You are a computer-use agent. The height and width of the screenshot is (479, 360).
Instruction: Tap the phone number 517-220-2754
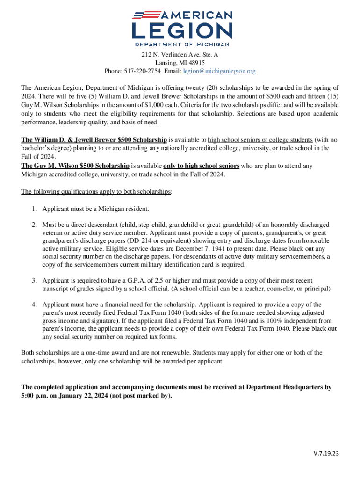coord(142,71)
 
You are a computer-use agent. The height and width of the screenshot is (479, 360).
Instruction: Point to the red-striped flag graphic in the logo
coord(145,15)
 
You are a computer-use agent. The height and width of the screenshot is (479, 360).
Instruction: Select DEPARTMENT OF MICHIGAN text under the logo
coord(182,44)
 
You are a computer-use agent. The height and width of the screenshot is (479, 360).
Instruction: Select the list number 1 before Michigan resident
coord(34,209)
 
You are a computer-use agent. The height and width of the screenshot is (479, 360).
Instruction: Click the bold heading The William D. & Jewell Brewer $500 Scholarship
coord(94,140)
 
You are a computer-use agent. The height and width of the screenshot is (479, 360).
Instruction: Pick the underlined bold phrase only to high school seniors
coord(202,166)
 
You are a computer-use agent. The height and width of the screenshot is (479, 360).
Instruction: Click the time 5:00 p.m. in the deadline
coord(35,396)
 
